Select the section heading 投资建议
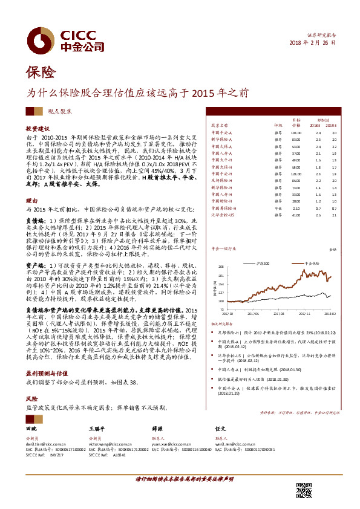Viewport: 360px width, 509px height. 37,129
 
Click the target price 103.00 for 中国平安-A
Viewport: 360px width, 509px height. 295,132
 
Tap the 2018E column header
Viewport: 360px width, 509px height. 318,125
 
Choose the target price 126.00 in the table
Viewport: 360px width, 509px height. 295,173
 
